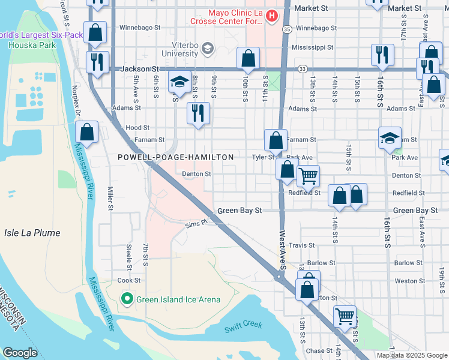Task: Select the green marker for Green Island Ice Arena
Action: pyautogui.click(x=127, y=298)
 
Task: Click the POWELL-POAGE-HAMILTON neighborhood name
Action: pyautogui.click(x=175, y=157)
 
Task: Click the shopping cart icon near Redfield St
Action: pyautogui.click(x=309, y=176)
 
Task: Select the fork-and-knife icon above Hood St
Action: pyautogui.click(x=198, y=112)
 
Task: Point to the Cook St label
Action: pyautogui.click(x=128, y=280)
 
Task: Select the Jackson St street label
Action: pyautogui.click(x=142, y=69)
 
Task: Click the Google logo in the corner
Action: pyautogui.click(x=20, y=352)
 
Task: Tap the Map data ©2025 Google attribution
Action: pyautogui.click(x=411, y=355)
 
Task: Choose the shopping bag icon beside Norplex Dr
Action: pyautogui.click(x=87, y=133)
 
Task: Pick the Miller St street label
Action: pyautogui.click(x=110, y=199)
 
